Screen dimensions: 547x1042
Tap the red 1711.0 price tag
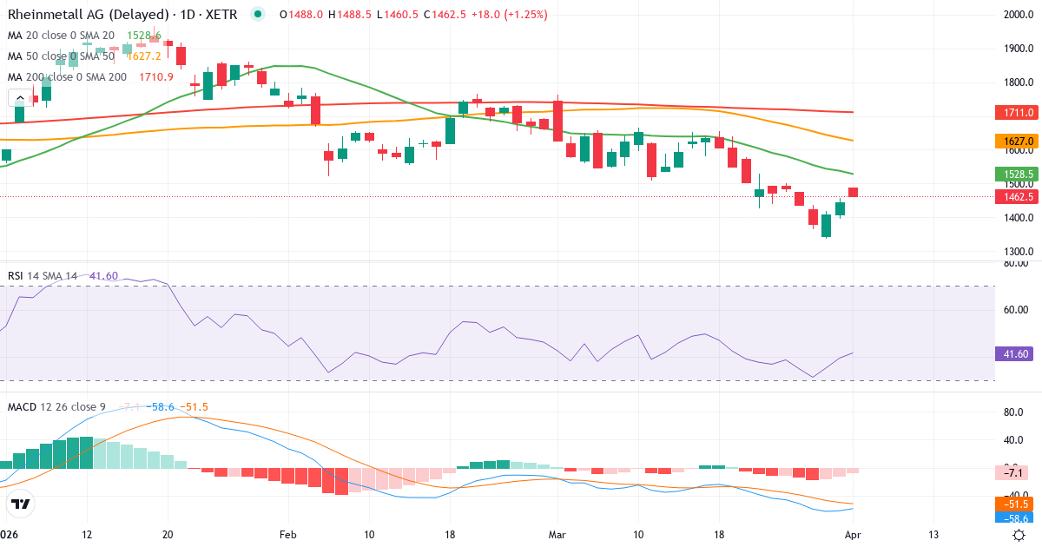(x=1013, y=113)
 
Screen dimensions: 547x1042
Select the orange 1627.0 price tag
(x=1013, y=141)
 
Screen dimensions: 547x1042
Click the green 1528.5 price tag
(x=1013, y=174)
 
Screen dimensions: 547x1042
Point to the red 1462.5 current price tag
(x=1013, y=196)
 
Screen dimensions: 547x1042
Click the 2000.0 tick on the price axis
(x=1018, y=15)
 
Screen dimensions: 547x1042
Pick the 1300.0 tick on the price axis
(x=1018, y=252)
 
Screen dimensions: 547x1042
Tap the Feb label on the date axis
(x=287, y=534)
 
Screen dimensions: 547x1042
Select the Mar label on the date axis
(x=557, y=534)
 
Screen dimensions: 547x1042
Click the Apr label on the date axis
(x=854, y=534)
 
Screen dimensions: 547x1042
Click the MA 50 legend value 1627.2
(x=143, y=56)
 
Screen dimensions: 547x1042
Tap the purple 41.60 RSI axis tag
(x=1013, y=354)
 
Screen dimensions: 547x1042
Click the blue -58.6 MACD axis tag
(x=1013, y=518)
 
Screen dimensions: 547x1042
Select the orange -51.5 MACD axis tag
(x=1013, y=504)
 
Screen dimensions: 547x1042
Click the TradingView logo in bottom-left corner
(x=21, y=504)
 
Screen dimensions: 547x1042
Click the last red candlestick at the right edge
(x=854, y=192)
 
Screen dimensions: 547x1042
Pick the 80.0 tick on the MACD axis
(x=1014, y=412)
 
